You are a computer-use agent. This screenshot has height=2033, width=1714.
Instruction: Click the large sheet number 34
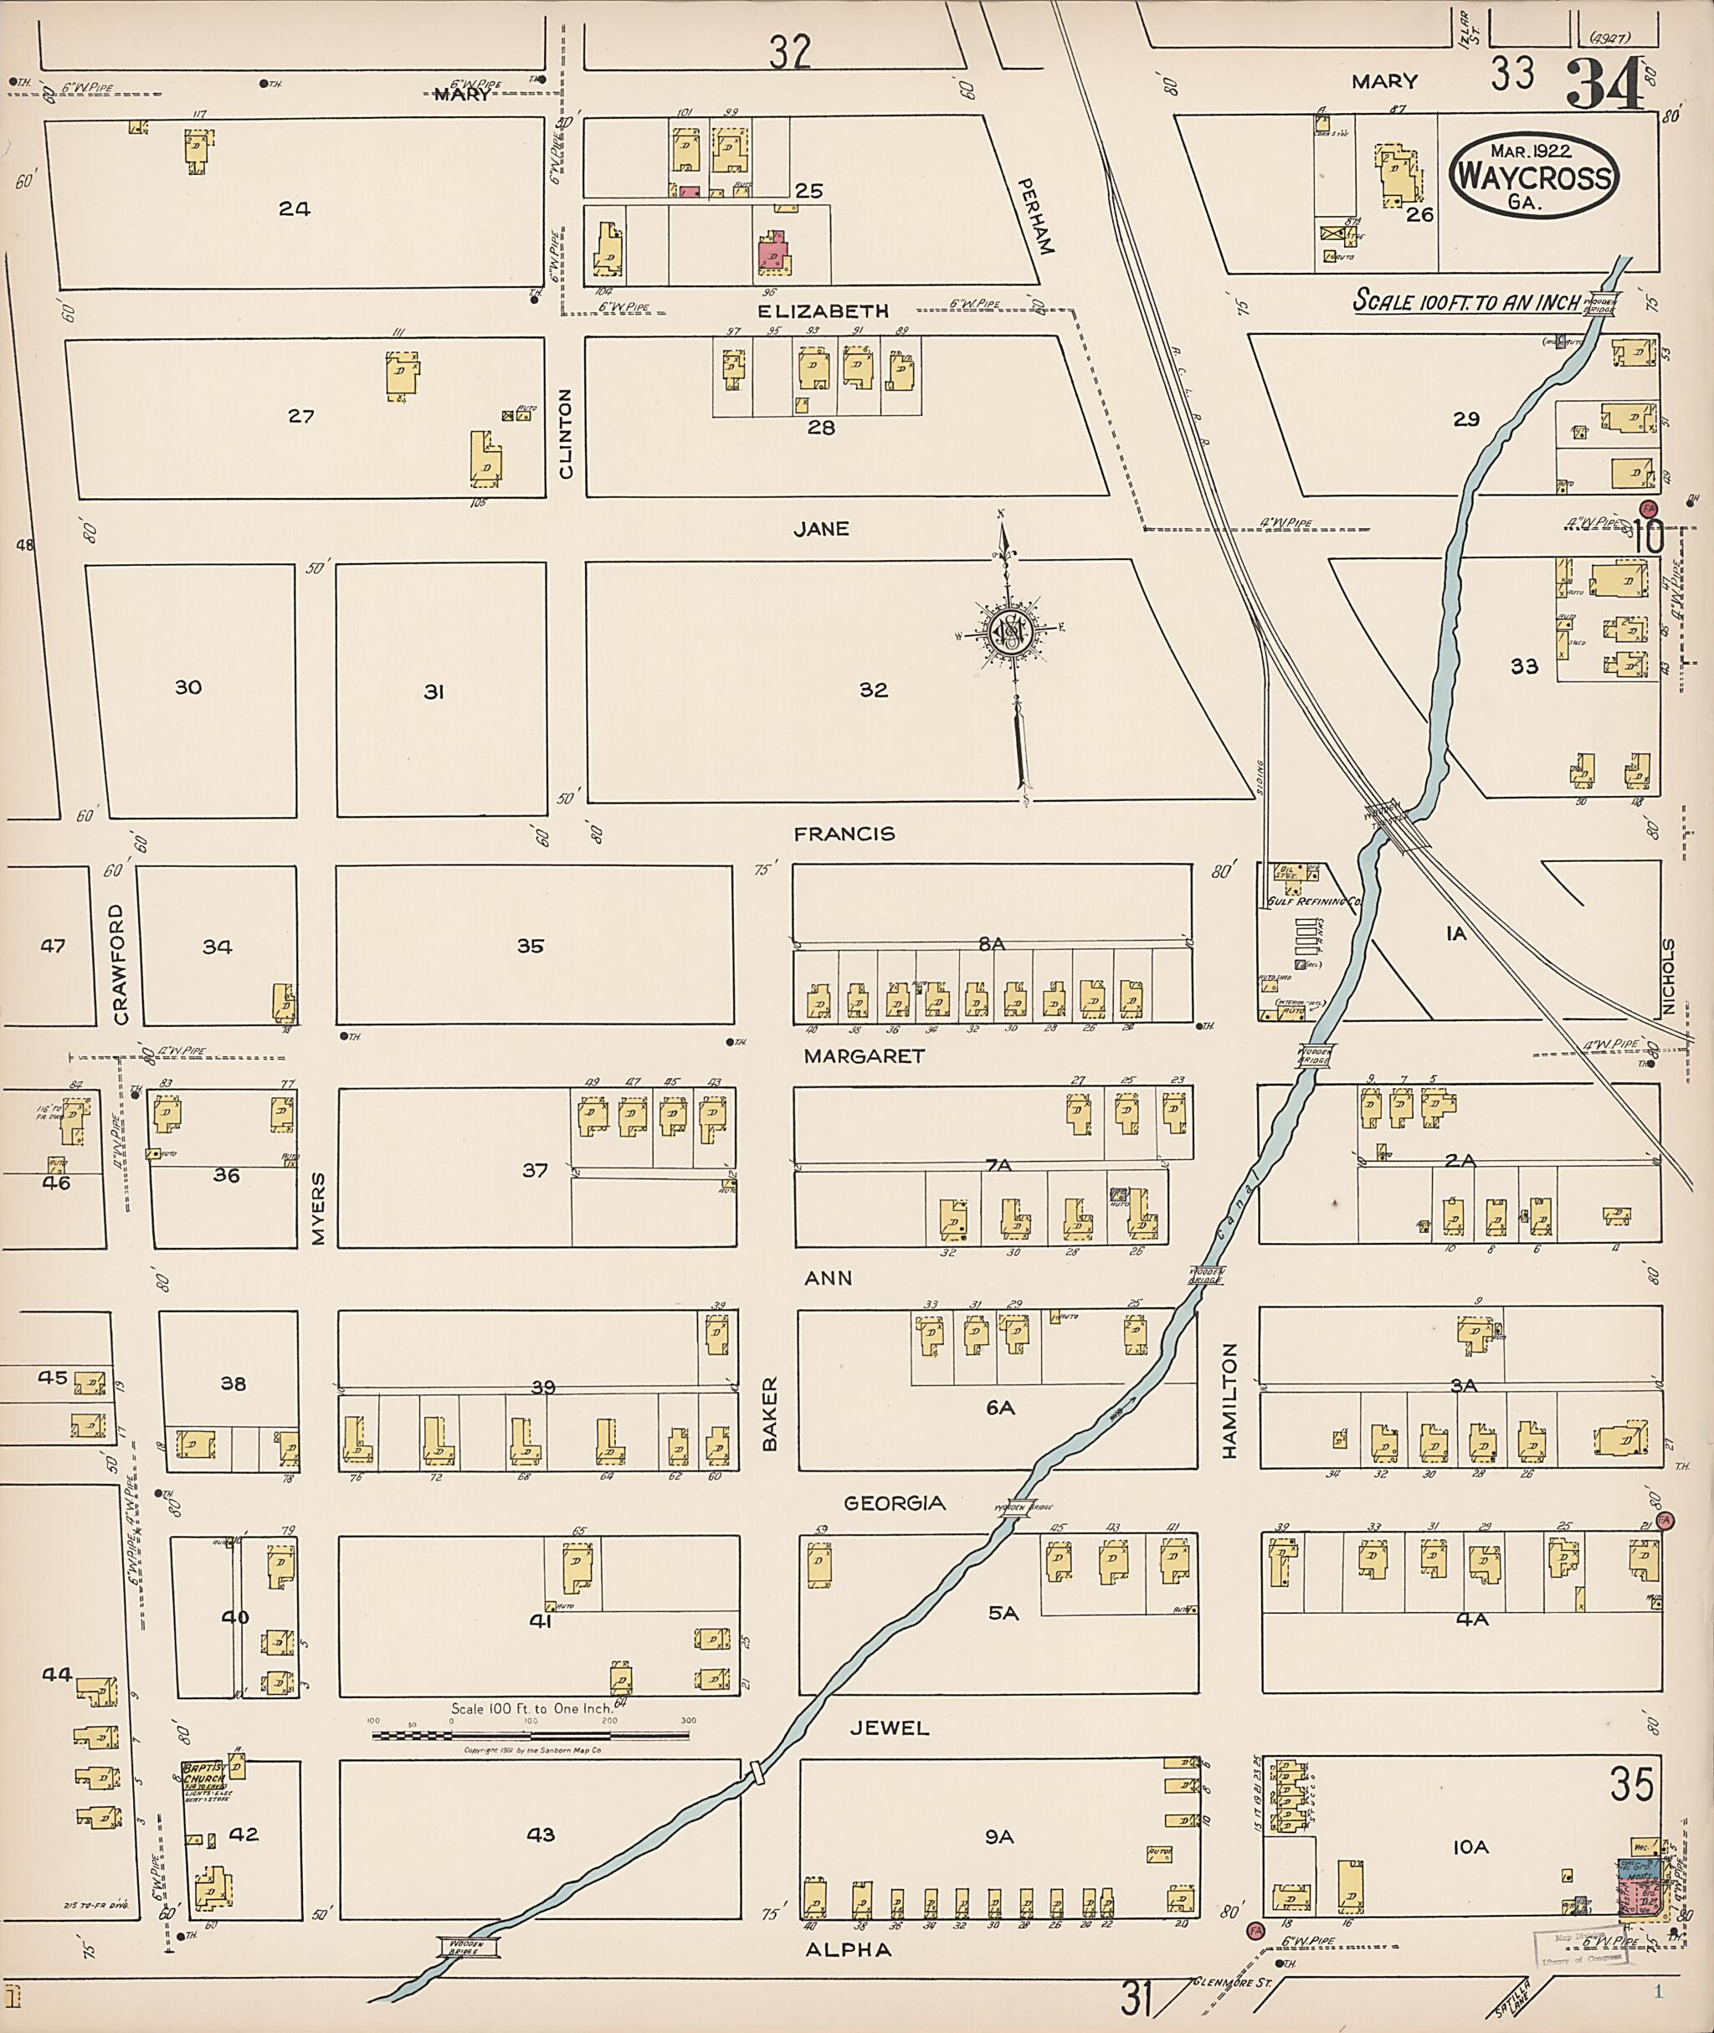tap(1606, 85)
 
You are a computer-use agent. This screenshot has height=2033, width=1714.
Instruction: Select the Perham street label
tap(1034, 216)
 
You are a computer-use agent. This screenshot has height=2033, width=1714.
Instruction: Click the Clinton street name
tap(567, 434)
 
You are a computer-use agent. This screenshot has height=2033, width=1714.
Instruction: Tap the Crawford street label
tap(120, 964)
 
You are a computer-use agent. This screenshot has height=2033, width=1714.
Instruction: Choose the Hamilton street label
tap(1230, 1400)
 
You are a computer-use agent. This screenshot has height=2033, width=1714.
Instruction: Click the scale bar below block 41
tap(531, 1735)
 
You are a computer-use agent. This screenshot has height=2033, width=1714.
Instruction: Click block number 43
tap(541, 1834)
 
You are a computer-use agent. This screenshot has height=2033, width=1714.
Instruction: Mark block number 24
tap(294, 208)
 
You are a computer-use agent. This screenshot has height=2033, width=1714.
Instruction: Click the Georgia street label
tap(893, 1503)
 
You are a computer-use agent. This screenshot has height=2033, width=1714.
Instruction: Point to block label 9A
tap(999, 1835)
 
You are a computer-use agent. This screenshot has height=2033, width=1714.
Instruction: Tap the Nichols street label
tap(1668, 976)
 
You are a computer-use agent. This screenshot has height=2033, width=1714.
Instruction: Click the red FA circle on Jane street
tap(1648, 508)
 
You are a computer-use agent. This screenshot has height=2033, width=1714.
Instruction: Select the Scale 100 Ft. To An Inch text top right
tap(1466, 300)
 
